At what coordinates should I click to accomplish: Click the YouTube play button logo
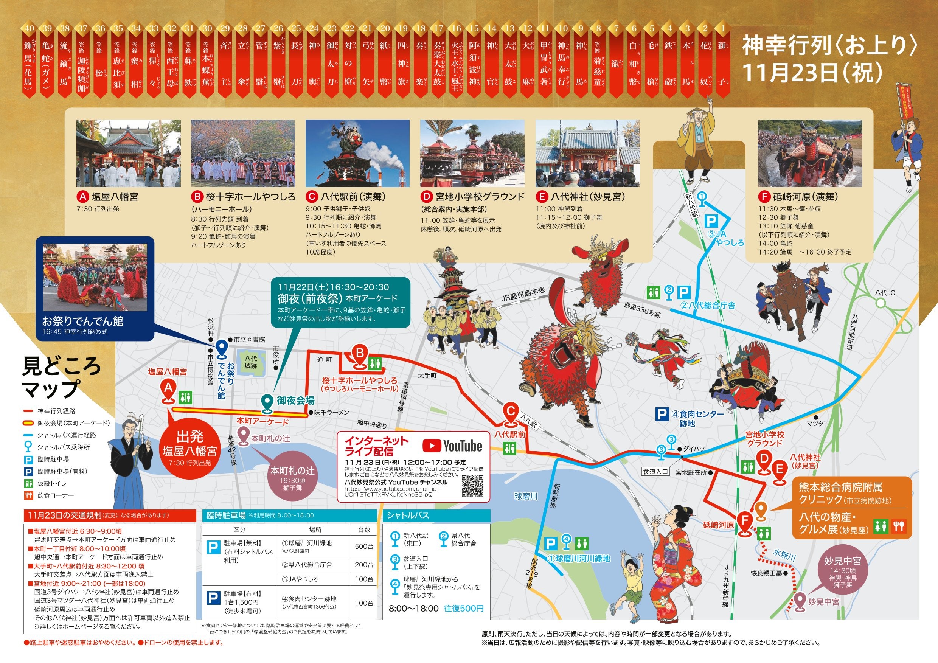coord(432,446)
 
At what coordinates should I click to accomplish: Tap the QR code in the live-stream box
coord(472,486)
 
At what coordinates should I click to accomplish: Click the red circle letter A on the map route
coord(168,388)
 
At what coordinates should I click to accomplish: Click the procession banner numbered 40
coord(29,59)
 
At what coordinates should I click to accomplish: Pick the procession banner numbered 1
coord(723,59)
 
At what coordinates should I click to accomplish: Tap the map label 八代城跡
coord(251,362)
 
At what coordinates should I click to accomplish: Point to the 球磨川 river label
coord(526,496)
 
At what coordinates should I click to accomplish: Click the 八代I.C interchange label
coord(885,293)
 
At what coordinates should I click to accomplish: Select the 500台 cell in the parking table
coord(363,547)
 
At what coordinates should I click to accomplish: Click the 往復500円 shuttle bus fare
coord(464,609)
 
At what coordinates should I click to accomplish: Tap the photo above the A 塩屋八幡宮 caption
coord(128,153)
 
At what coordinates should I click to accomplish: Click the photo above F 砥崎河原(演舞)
coord(810,153)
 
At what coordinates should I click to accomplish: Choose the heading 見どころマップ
coord(61,377)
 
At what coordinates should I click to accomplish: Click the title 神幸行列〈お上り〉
coord(829,46)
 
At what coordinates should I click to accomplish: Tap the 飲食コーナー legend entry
coord(56,495)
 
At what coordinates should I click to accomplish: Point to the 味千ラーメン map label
coord(331,413)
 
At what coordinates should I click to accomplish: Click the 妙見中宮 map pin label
coord(824,602)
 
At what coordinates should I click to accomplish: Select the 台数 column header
coord(363,529)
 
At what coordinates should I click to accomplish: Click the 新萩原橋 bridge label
coord(556,496)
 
